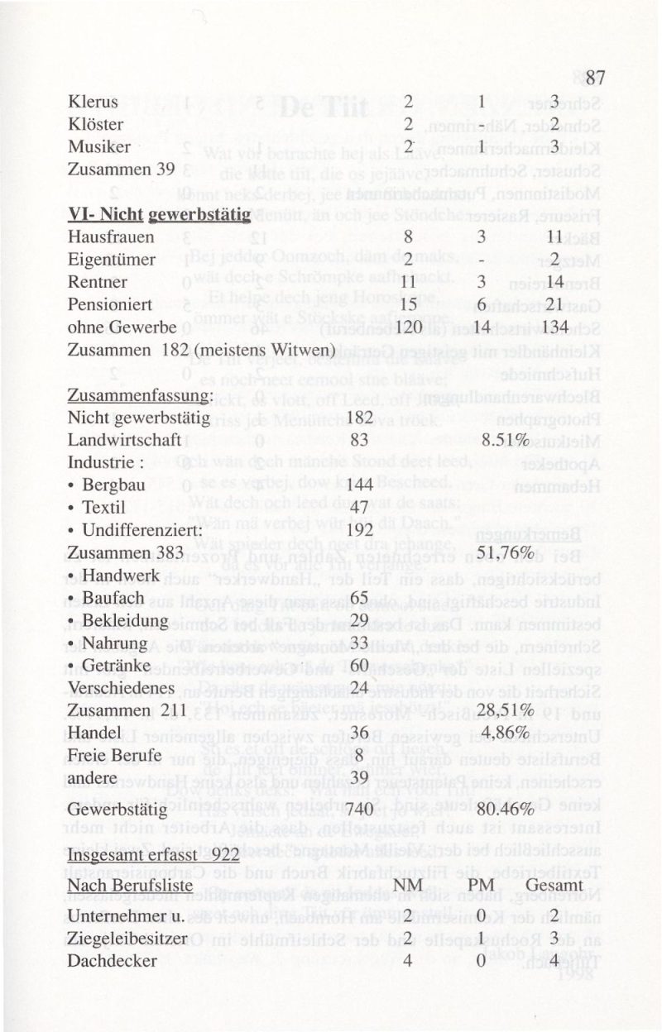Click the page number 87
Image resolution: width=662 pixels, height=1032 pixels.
pos(596,79)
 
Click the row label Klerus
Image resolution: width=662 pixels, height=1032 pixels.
pos(94,103)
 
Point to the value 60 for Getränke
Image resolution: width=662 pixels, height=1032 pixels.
pos(358,666)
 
